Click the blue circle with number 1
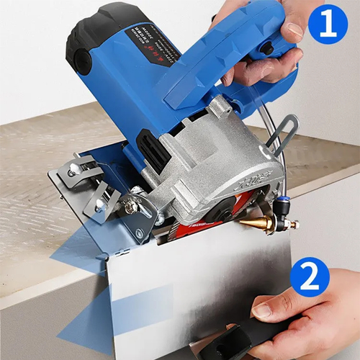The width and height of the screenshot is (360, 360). point(328,24)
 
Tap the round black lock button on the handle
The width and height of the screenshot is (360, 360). point(266,48)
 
